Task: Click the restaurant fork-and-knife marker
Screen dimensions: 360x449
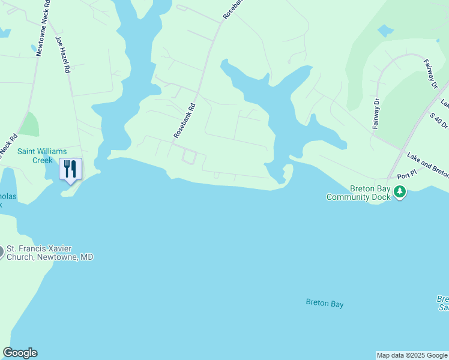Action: pos(70,170)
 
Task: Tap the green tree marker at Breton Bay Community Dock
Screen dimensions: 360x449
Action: pos(400,192)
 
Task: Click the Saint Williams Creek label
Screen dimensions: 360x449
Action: pos(42,155)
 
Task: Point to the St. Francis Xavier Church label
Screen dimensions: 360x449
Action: pos(50,253)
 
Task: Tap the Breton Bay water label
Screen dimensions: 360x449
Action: pos(324,304)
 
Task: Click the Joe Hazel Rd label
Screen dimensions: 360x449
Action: pos(62,54)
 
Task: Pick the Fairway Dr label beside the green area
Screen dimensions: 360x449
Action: pos(377,114)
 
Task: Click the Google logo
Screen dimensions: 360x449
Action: pos(20,353)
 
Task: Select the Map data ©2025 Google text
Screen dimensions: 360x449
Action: pos(412,355)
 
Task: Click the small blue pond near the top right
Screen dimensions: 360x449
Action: pos(385,30)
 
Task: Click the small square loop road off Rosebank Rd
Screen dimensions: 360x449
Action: pos(189,157)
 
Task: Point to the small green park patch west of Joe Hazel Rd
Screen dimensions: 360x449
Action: pos(29,124)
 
